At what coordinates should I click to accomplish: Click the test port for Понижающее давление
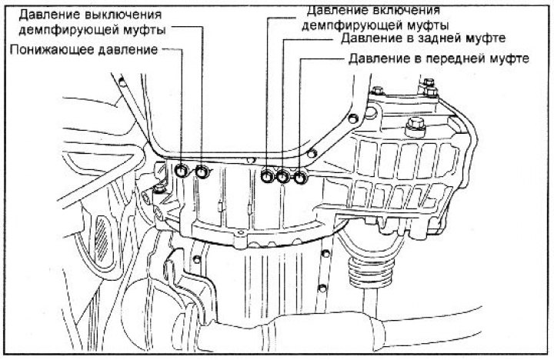(x=182, y=171)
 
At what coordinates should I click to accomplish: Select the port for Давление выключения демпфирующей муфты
(x=202, y=171)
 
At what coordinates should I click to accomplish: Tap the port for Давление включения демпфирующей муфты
(x=267, y=177)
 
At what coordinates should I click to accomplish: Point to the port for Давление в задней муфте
(x=282, y=177)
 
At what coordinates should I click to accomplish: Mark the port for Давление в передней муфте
(x=299, y=177)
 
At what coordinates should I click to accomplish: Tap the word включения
(x=404, y=9)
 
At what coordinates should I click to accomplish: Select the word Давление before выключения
(x=49, y=15)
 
